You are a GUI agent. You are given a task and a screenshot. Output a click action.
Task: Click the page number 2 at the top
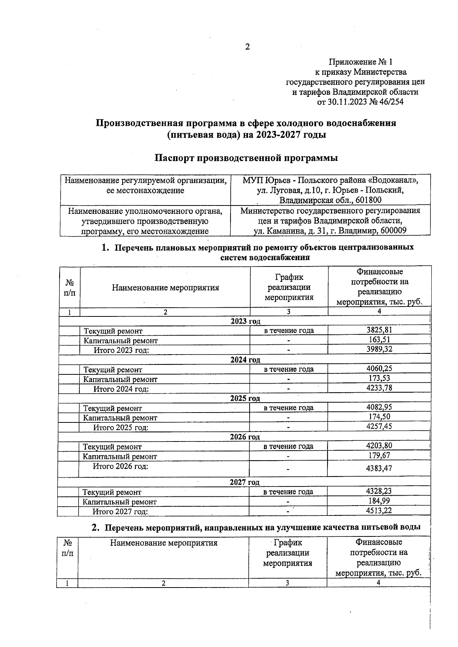tap(247, 47)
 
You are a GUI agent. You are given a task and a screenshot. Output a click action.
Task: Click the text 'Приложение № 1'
tap(360, 62)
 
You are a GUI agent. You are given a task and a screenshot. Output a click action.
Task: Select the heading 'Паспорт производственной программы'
tap(246, 158)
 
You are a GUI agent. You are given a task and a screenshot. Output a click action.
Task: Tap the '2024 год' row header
tap(245, 360)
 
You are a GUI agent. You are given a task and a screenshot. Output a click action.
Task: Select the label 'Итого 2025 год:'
tap(121, 427)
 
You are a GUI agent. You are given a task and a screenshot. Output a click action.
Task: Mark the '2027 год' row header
tap(245, 482)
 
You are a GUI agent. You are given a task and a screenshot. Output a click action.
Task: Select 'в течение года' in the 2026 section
tap(289, 446)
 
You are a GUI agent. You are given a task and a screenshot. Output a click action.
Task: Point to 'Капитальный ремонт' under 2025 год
tap(120, 418)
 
